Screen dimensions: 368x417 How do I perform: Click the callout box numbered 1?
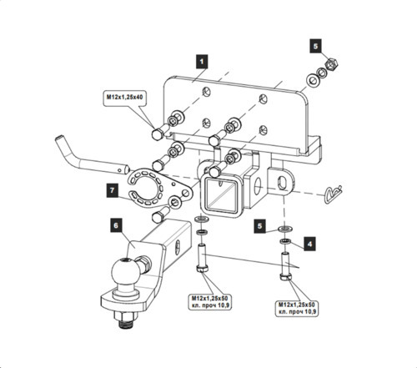(202, 60)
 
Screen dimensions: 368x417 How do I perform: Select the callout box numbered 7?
(112, 191)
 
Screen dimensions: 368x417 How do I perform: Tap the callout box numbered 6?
(116, 224)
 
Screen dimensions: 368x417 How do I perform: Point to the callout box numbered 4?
(310, 244)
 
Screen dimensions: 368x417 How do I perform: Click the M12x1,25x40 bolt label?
(125, 98)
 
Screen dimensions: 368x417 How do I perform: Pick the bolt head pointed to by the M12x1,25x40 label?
(156, 134)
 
